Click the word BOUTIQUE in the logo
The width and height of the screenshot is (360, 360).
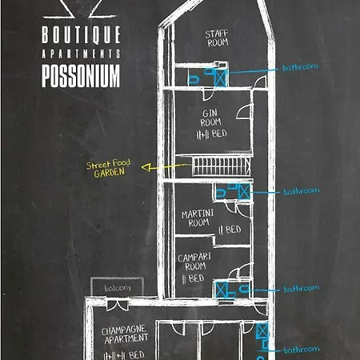(x=81, y=34)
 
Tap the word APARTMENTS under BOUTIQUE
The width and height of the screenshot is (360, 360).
(x=81, y=54)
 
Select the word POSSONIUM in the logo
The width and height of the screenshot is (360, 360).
(x=81, y=75)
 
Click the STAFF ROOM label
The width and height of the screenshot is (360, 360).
(x=216, y=38)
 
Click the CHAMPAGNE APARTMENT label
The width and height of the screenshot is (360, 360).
(x=125, y=334)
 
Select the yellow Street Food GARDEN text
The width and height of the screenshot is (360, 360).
(x=109, y=168)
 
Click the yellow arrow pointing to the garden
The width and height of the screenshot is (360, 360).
(x=164, y=168)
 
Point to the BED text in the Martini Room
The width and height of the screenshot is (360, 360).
(x=232, y=230)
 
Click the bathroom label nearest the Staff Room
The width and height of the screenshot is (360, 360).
(x=301, y=67)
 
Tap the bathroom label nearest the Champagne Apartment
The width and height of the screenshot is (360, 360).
(x=301, y=349)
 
